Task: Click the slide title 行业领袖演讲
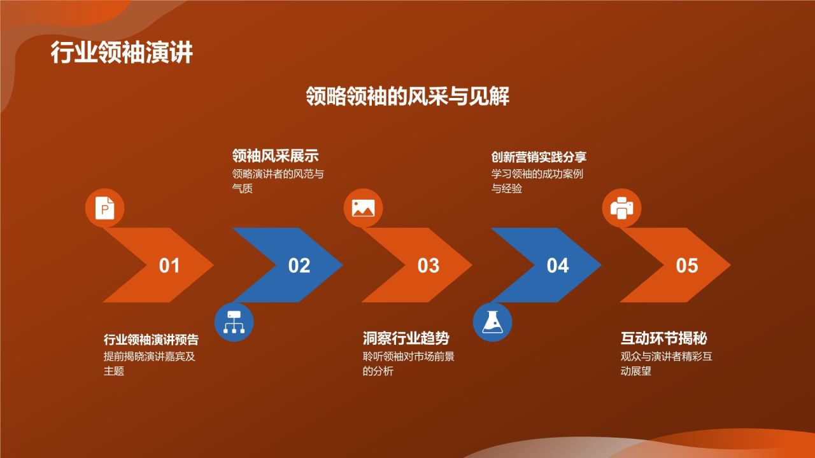122,53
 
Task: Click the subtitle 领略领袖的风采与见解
407,96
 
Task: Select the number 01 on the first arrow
169,265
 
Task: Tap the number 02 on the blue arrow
299,265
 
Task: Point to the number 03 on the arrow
428,265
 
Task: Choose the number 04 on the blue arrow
557,265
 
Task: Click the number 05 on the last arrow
686,265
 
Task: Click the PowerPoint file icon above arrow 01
104,208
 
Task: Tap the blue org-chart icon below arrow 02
234,322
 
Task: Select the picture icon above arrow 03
363,208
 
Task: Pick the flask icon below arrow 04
492,322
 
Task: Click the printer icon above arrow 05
621,208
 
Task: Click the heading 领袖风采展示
275,156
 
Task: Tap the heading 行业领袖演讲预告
151,339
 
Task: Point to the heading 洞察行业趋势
406,338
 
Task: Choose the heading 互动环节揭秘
664,338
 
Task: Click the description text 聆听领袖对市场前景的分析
407,363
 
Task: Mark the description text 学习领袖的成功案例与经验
537,181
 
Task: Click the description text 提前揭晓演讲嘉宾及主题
149,363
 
